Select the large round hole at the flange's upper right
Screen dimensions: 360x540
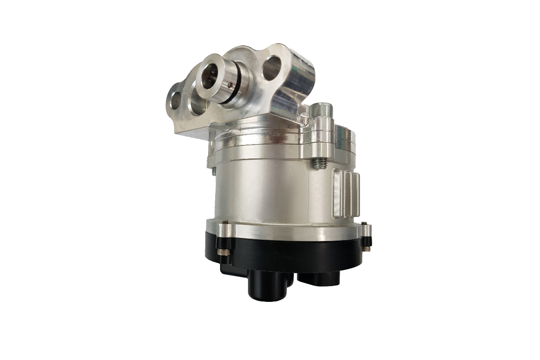tap(271, 68)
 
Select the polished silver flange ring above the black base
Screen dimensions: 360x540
tap(288, 229)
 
